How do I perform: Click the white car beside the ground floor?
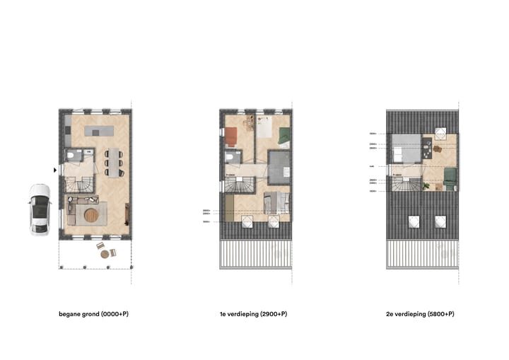[39, 209]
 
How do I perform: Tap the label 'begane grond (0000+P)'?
[94, 313]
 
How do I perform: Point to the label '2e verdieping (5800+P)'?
[421, 313]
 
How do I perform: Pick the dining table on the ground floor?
[114, 162]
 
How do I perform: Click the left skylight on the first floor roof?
[247, 222]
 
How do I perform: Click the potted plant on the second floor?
[427, 186]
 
